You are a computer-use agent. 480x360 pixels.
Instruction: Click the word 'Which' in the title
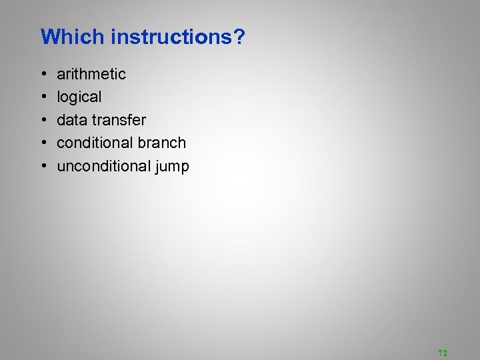coord(73,37)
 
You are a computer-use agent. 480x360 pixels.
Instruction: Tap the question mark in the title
coord(239,37)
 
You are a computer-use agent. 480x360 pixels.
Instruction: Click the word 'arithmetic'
coord(91,73)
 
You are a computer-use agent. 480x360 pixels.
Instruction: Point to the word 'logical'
coord(79,97)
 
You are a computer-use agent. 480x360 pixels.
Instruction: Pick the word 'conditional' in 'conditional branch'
coord(95,143)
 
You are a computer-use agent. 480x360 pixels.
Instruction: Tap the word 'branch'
coord(162,143)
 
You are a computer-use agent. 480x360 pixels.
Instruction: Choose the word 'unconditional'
coord(104,166)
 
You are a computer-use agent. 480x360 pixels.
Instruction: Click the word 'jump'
coord(173,167)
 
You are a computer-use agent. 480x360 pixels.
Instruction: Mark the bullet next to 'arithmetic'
coord(43,74)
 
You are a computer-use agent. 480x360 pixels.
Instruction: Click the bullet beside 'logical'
coord(43,97)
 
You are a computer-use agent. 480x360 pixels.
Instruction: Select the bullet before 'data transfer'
coord(43,120)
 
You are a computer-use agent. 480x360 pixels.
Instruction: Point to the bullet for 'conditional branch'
coord(43,143)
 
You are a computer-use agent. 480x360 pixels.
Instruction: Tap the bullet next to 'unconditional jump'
coord(43,167)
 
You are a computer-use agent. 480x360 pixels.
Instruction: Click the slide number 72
coord(443,353)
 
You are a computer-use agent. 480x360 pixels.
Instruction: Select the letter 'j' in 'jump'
coord(157,167)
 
